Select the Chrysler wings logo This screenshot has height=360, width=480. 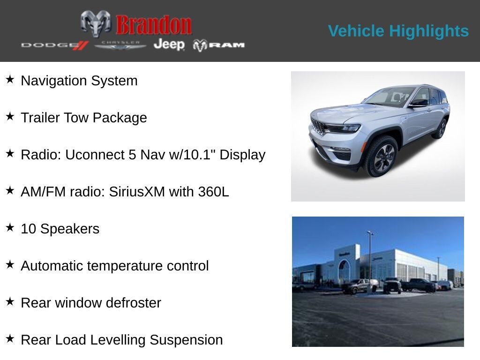[x=120, y=45]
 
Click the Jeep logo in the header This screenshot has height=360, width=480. [x=169, y=45]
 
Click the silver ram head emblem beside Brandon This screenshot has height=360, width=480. [x=96, y=23]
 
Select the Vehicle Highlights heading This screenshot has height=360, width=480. [x=398, y=31]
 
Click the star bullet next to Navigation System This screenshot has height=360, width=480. [x=10, y=79]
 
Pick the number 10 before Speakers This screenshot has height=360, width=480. [x=29, y=229]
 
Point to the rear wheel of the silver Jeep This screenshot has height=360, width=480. [x=441, y=128]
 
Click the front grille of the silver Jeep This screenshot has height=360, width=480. [x=318, y=126]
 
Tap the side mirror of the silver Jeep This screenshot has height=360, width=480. [x=419, y=102]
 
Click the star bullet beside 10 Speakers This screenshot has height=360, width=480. [x=10, y=227]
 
